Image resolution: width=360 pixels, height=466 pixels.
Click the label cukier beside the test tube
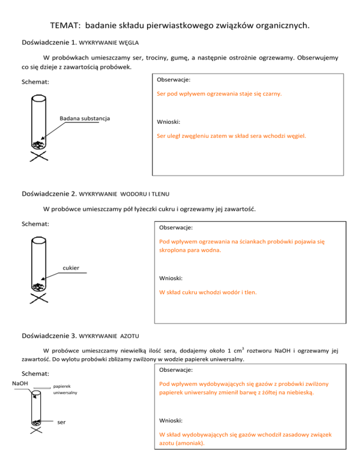coord(71,268)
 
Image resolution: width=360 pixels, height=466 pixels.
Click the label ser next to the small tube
coord(61,421)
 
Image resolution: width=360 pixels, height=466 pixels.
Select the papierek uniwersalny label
coord(65,391)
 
